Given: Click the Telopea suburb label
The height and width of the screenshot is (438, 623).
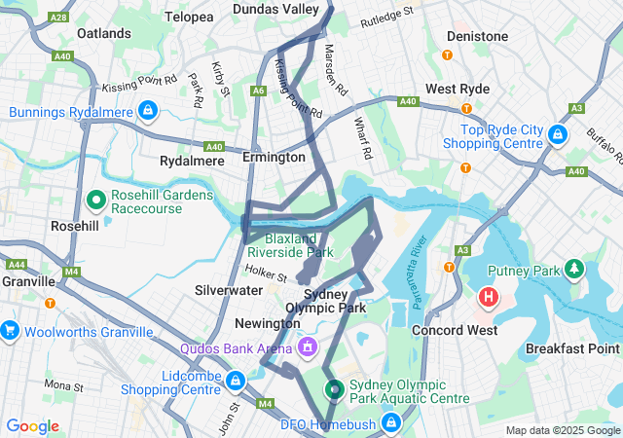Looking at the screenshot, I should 189,18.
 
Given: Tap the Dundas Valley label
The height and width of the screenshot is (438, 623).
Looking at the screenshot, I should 275,9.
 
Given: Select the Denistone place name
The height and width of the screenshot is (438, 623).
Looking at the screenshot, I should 477,36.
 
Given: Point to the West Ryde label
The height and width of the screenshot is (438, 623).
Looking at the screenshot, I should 458,89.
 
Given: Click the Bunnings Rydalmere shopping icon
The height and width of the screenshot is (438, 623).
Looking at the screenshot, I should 148,111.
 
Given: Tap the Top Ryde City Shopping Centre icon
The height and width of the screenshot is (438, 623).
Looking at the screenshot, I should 559,133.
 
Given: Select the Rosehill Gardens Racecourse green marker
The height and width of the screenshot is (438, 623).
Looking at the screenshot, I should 96,201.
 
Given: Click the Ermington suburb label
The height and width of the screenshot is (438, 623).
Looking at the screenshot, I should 274,157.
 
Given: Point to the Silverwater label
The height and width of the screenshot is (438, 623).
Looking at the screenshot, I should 228,290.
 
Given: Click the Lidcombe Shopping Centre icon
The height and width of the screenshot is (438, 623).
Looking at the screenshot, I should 235,379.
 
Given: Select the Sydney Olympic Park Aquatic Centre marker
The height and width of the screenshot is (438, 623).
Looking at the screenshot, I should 334,389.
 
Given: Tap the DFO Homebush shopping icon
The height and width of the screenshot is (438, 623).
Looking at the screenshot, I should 391,422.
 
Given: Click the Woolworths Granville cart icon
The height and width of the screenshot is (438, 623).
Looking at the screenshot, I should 10,331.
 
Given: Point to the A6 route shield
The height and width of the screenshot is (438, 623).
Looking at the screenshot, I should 258,91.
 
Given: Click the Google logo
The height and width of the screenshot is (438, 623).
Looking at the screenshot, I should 32,426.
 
